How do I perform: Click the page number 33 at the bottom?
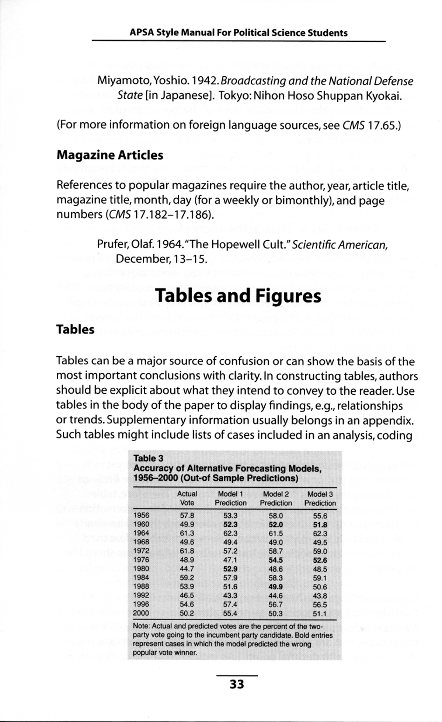click(x=236, y=684)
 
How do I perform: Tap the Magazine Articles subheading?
click(x=110, y=155)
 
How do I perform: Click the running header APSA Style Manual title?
click(x=238, y=33)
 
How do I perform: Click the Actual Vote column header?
click(x=187, y=498)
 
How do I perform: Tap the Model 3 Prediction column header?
click(x=320, y=498)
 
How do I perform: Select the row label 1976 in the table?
click(x=141, y=560)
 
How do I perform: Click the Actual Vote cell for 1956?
click(x=187, y=516)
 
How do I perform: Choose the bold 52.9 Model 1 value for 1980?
click(x=230, y=569)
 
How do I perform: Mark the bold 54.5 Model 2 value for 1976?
click(x=276, y=560)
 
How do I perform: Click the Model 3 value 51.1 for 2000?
click(x=320, y=613)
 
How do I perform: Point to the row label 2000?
click(x=141, y=613)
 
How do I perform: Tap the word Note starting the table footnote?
click(x=141, y=626)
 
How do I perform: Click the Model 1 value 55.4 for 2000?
click(x=230, y=613)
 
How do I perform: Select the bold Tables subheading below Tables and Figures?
click(x=75, y=330)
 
